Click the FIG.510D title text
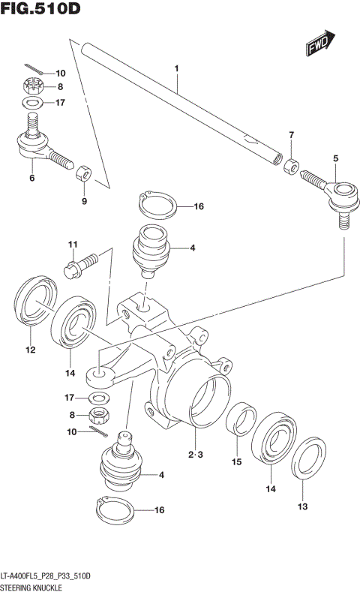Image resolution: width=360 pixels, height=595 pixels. (40, 10)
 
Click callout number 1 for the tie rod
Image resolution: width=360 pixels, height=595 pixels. (176, 70)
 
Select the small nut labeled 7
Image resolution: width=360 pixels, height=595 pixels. (289, 163)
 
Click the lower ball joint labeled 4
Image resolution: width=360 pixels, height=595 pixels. (121, 465)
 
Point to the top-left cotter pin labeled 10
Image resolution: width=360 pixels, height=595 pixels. (31, 70)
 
